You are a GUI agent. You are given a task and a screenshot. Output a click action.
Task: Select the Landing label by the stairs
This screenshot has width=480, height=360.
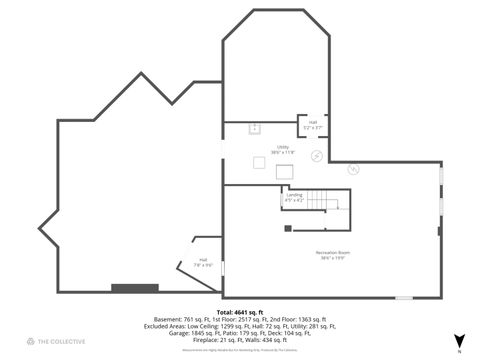point(293,198)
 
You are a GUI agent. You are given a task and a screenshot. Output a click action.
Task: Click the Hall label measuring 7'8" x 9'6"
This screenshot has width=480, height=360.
point(203,262)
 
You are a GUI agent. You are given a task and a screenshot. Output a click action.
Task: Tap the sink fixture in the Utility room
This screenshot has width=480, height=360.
point(253,128)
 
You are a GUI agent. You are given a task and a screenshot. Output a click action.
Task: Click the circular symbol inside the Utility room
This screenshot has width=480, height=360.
point(318,156)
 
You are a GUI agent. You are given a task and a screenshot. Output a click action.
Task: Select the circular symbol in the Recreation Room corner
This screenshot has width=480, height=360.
point(352,170)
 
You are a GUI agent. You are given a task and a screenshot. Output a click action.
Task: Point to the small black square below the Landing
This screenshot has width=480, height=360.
point(288,229)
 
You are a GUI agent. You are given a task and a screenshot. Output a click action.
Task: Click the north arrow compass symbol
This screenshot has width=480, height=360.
point(459,340)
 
